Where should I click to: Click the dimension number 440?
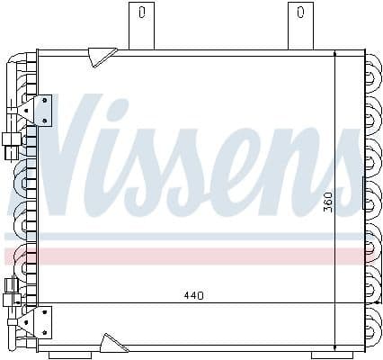coord(195,293)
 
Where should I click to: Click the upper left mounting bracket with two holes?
coord(40,110)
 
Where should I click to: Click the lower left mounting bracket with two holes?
coord(40,319)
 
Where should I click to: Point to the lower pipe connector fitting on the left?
coord(12,290)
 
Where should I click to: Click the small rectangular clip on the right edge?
coord(364,190)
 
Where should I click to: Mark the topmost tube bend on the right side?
coord(372,67)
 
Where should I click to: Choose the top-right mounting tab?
coord(300,24)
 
